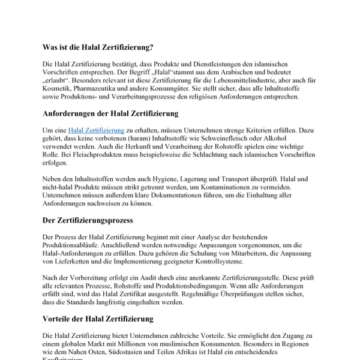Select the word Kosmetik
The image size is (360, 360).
click(58, 89)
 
